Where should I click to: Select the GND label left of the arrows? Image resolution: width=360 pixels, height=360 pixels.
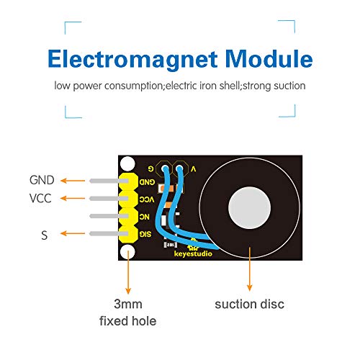coord(42,180)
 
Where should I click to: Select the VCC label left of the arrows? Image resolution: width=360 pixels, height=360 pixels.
coord(41,198)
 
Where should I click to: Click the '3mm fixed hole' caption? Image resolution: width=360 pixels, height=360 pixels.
coord(127,311)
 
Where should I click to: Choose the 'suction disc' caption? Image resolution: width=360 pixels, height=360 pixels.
coord(249,304)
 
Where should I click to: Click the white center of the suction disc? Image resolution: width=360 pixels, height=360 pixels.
coord(248,210)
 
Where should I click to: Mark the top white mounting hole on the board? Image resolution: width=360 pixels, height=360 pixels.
coord(128,164)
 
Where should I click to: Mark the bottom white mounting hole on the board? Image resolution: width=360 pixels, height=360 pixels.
coord(128,251)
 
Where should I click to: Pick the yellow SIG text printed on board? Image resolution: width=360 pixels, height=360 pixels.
coord(144,234)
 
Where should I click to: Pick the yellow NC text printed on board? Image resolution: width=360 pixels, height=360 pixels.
coord(144,216)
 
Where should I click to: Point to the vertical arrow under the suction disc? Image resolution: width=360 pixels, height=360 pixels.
coord(249,266)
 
